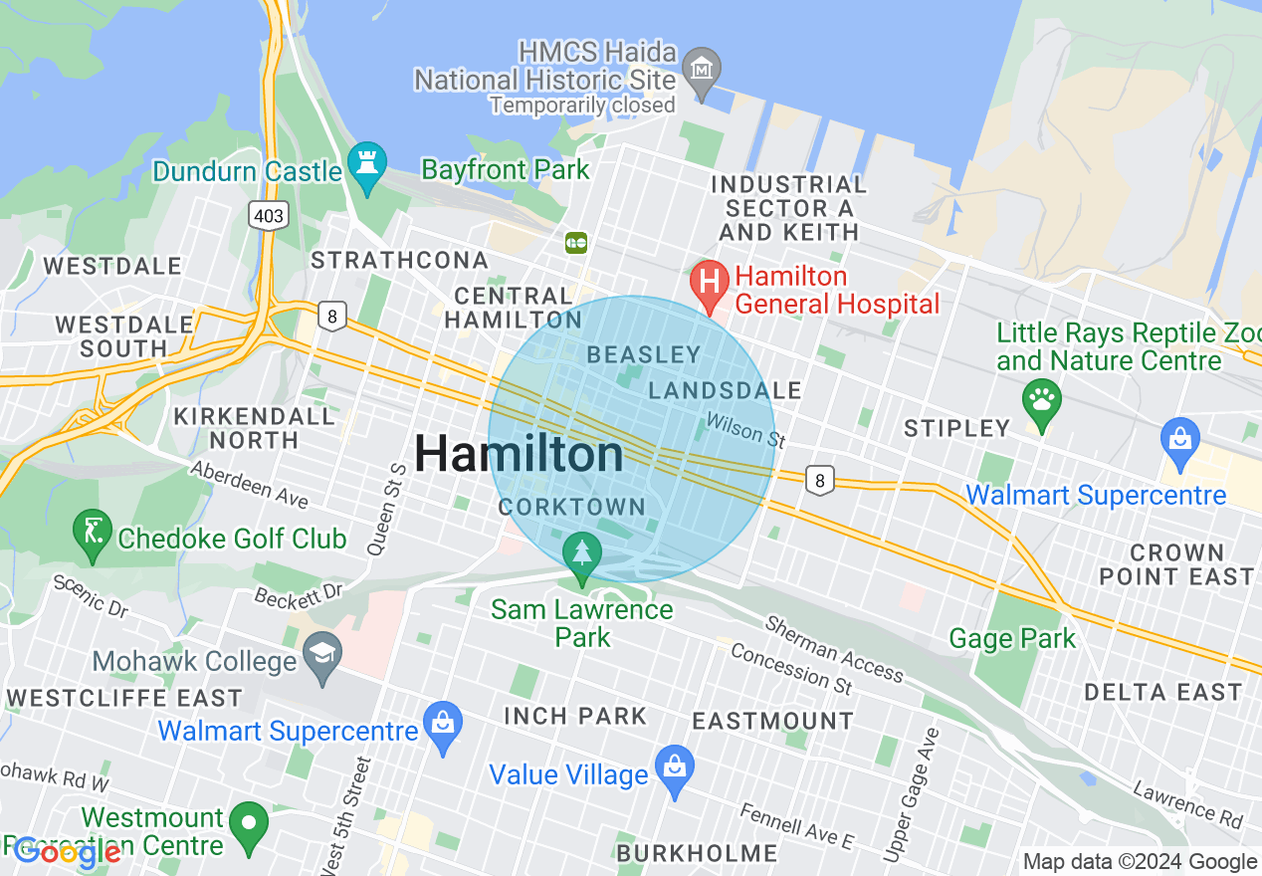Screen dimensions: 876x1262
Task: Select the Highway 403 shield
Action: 268,214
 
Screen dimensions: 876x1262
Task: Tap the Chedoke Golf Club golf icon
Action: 93,533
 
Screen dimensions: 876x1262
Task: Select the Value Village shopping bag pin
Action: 675,768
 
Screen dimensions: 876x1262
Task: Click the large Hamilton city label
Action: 519,455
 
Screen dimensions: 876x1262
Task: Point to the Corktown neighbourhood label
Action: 572,507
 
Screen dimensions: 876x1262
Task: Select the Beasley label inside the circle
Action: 644,354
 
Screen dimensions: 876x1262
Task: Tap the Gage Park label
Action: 1012,638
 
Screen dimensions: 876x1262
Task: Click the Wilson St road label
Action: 740,429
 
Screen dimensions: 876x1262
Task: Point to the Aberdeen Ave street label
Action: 249,484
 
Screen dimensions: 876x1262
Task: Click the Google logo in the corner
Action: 68,852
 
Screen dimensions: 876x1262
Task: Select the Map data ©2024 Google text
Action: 1140,862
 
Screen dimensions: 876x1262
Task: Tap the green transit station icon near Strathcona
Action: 576,242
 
